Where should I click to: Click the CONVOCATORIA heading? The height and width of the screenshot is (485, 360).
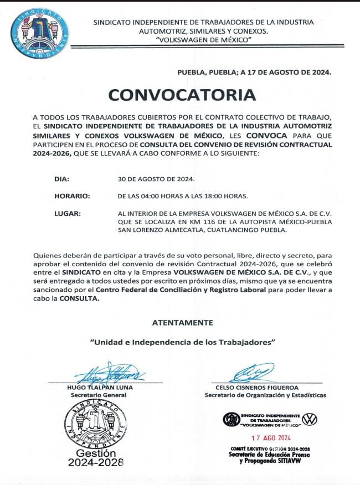coord(182,95)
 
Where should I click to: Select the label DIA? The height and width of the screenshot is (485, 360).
coord(61,179)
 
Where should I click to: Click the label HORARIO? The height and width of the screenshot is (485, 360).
coord(72,196)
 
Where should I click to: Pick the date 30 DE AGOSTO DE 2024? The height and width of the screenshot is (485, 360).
coord(156,179)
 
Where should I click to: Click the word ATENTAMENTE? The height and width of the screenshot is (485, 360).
coord(182,322)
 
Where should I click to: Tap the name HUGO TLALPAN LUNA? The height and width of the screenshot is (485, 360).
coord(100,388)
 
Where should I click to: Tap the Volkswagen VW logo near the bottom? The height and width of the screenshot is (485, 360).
coord(310,419)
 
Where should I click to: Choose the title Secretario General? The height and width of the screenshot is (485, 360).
coord(99,395)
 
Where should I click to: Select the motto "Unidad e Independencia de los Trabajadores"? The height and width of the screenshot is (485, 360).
coord(182,342)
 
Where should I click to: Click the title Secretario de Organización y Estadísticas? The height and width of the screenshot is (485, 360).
coord(265,395)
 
